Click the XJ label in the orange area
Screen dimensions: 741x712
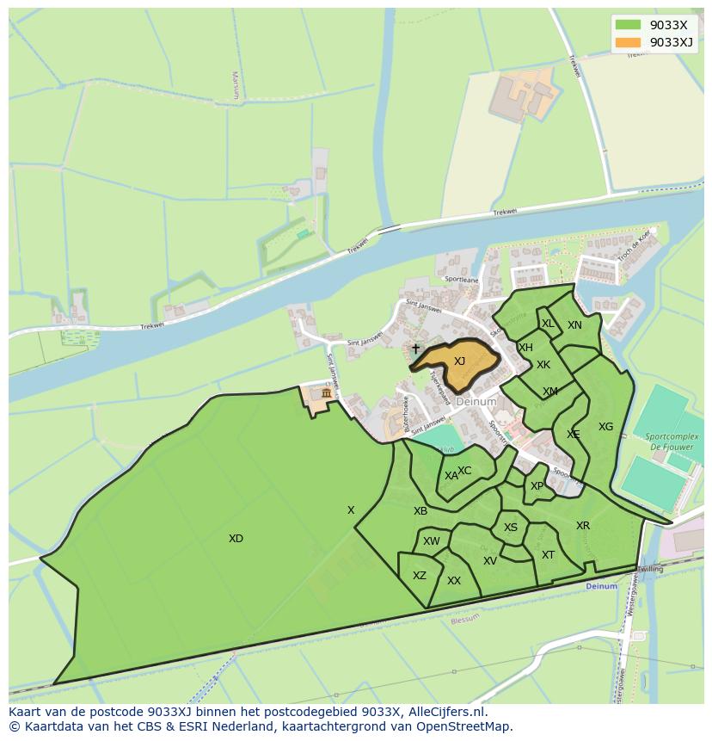point(459,361)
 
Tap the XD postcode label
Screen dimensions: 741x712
point(236,539)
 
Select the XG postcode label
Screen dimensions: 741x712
point(605,427)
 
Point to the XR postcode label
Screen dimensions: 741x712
point(583,526)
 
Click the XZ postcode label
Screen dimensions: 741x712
point(420,576)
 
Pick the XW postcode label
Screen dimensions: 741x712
point(431,541)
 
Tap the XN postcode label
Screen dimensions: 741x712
point(574,325)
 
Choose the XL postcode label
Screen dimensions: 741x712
point(548,324)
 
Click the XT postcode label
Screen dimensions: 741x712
point(548,555)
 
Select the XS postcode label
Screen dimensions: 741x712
point(511,528)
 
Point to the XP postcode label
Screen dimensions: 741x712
point(537,486)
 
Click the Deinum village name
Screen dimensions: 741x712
point(476,402)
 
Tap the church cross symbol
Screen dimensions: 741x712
point(415,349)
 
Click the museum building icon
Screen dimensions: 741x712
point(326,393)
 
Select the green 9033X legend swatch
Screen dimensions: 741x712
point(628,25)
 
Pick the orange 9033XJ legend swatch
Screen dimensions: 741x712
point(628,42)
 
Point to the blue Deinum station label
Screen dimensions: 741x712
point(601,586)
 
